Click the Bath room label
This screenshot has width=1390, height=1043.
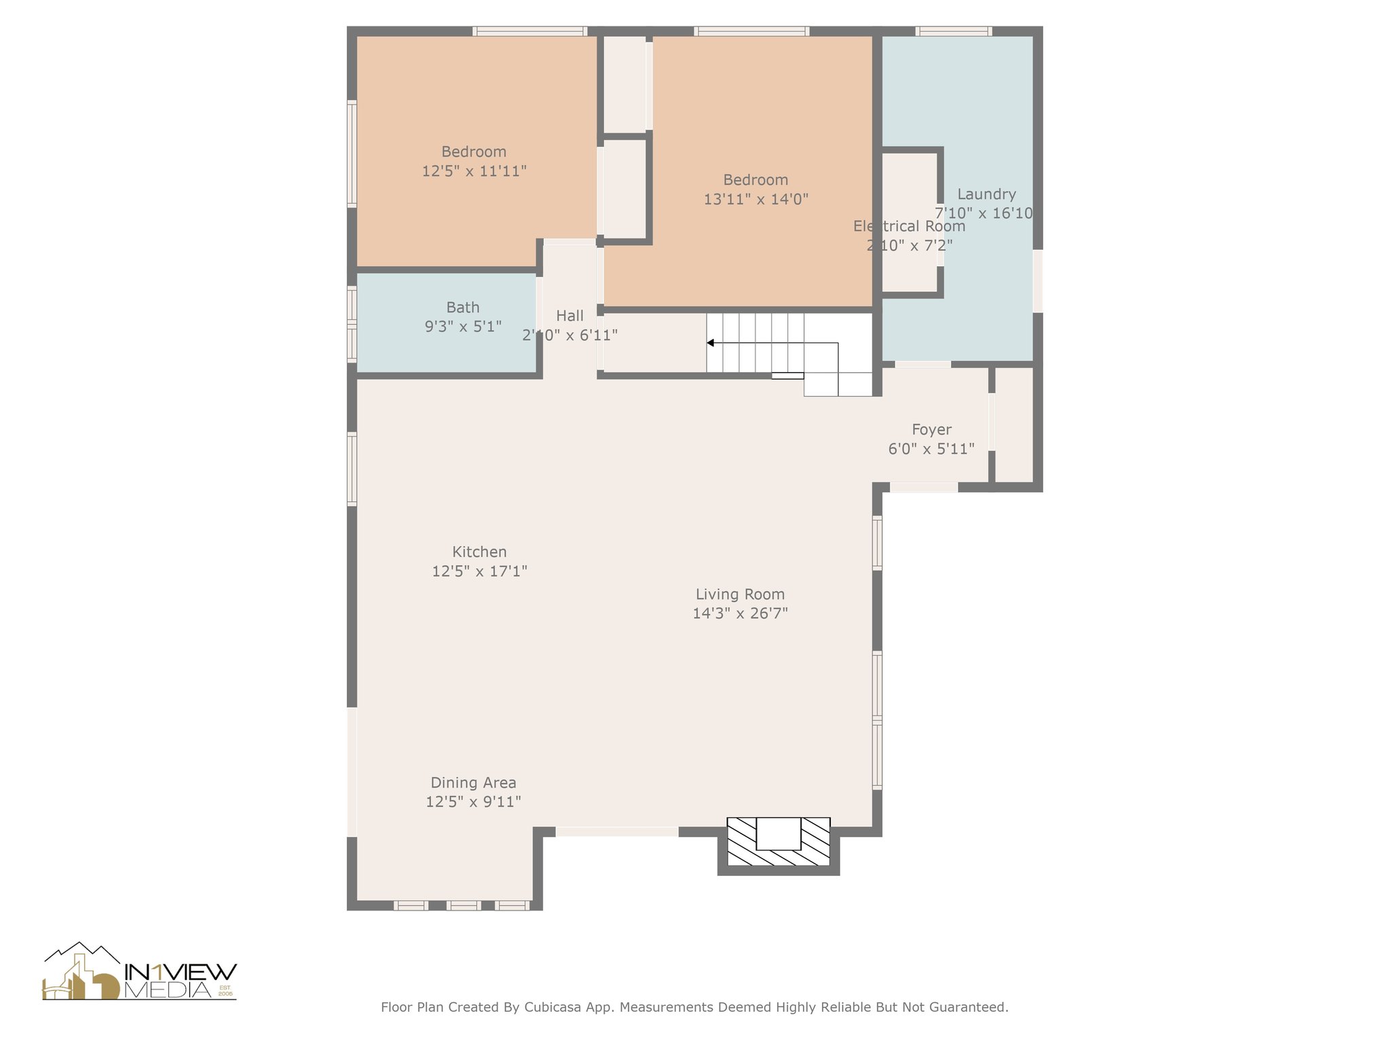click(463, 308)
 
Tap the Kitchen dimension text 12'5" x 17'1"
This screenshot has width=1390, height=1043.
click(479, 571)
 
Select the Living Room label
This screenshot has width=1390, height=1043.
click(740, 594)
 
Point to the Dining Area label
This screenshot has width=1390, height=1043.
click(473, 783)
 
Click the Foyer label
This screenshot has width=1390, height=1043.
click(931, 430)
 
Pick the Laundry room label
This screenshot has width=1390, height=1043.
click(986, 194)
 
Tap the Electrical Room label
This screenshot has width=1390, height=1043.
click(909, 226)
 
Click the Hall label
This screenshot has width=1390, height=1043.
click(569, 316)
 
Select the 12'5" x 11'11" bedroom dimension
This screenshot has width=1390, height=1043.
click(474, 171)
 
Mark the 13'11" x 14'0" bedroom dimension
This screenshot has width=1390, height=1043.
click(755, 200)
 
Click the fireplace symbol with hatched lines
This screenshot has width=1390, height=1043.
click(778, 842)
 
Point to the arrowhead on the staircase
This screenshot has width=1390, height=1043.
click(710, 343)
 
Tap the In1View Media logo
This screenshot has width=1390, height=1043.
click(140, 972)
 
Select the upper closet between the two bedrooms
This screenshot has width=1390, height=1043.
click(624, 84)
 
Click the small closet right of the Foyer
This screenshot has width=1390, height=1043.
click(1013, 424)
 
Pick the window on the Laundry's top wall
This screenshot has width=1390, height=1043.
click(953, 31)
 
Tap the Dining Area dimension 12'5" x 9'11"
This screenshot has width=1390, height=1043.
click(473, 802)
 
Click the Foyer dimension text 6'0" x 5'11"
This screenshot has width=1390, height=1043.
click(931, 449)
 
